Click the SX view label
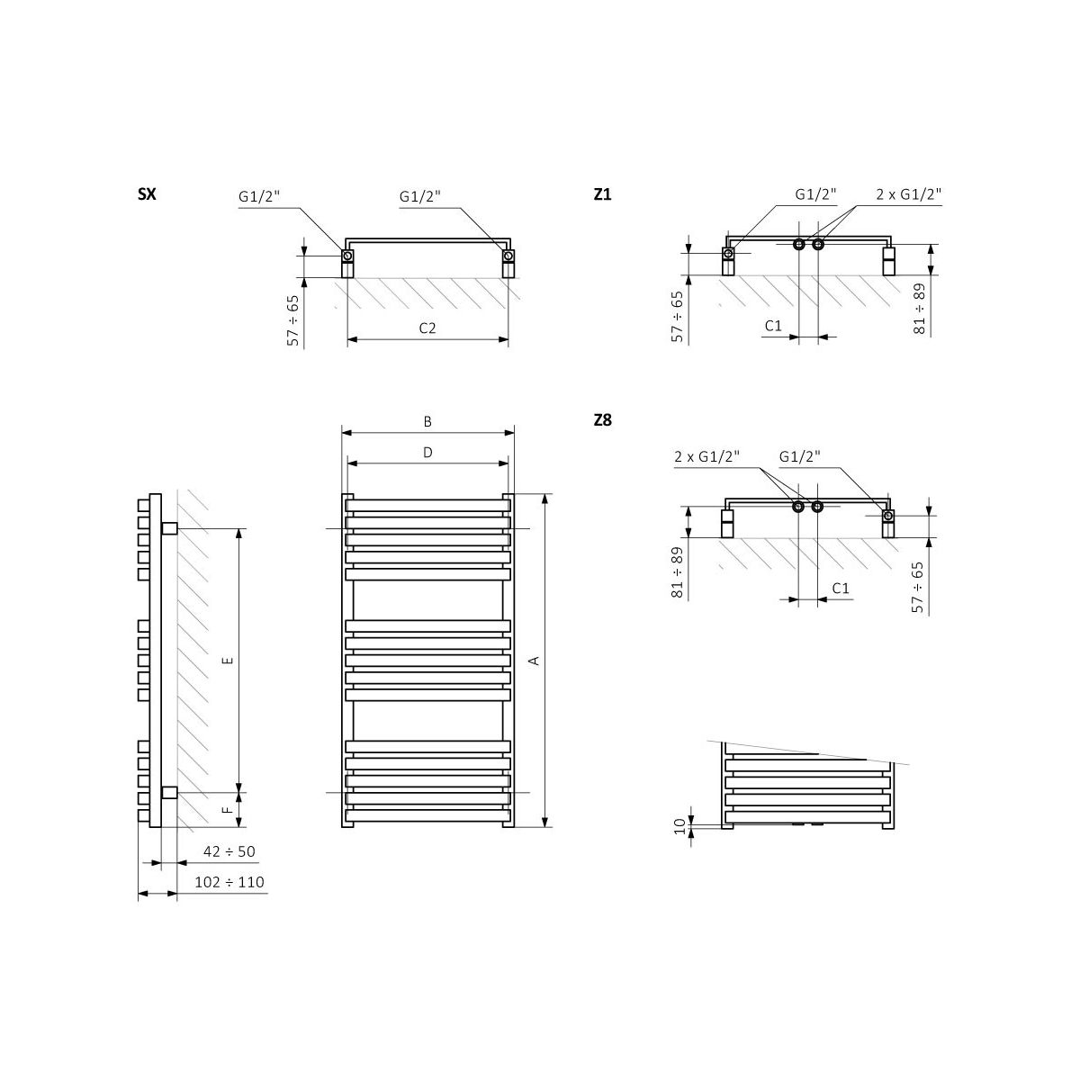tap(147, 193)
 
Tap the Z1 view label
tap(602, 193)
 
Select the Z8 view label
tap(602, 419)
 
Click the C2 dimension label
tap(427, 328)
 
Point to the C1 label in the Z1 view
tap(773, 326)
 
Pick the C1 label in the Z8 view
tap(841, 588)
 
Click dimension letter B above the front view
tap(427, 421)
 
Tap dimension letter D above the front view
tap(427, 453)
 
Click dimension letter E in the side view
tap(228, 661)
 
